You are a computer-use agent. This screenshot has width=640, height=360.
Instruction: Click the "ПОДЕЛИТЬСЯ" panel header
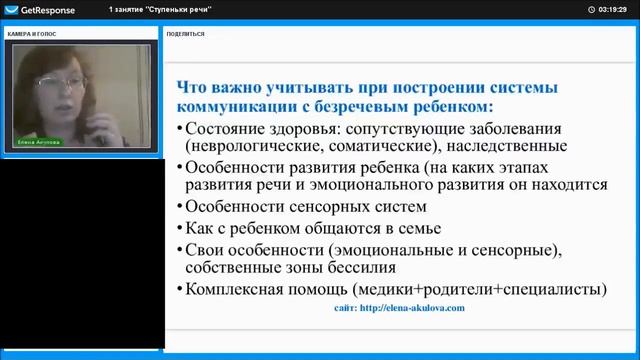pos(186,33)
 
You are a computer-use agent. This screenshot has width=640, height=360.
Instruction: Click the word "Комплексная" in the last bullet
pos(242,289)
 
